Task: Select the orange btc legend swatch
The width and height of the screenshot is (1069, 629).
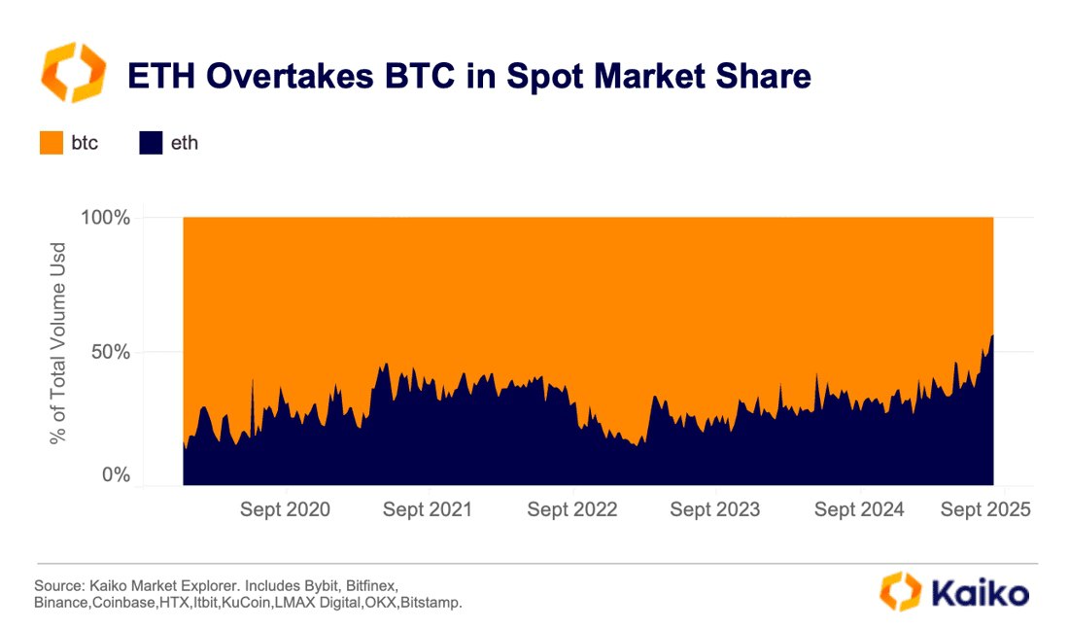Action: coord(51,143)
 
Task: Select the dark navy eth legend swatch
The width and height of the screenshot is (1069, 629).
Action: coord(151,143)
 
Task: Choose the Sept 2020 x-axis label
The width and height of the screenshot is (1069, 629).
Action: coord(285,509)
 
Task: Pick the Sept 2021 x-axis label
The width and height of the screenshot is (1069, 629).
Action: coord(428,509)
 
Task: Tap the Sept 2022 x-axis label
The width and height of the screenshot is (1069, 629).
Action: coord(571,509)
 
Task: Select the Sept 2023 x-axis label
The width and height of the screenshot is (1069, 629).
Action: coord(715,509)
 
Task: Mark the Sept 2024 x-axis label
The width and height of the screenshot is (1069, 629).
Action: coord(859,509)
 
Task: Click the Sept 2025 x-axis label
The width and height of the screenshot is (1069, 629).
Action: coord(985,509)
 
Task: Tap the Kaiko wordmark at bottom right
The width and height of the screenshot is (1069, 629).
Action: coord(977,592)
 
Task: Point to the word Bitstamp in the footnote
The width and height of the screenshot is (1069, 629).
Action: coord(431,604)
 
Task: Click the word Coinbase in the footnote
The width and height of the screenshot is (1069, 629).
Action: coord(121,604)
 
